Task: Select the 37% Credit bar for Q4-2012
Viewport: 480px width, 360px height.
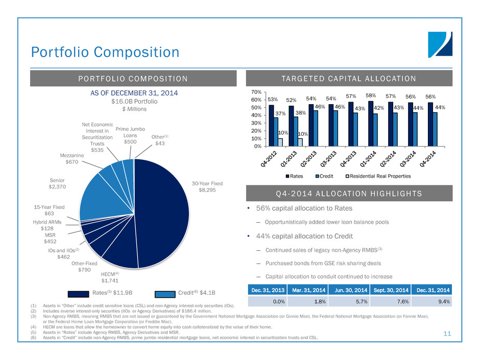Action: (276, 132)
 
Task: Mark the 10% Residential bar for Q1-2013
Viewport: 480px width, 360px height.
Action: (300, 142)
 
